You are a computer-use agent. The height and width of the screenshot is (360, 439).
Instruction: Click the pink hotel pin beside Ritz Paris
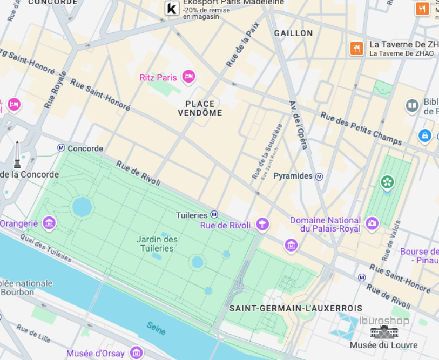pos(188,77)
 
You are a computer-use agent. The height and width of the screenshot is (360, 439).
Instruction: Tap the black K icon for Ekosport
pos(172,9)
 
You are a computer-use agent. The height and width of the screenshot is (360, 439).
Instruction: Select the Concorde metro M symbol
pos(61,148)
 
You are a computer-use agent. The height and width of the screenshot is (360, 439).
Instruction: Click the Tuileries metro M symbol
pos(214,215)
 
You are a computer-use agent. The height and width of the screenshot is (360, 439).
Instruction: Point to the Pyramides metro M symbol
pos(320,176)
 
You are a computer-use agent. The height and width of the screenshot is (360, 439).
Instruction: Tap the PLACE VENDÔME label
pos(200,108)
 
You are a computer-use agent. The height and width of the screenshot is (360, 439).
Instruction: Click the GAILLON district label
pos(293,33)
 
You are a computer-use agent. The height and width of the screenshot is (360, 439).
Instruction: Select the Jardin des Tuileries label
pos(157,243)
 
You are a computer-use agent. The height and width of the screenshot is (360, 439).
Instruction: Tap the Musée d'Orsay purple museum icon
pos(137,354)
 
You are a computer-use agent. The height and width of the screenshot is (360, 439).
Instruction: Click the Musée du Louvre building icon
pos(383,332)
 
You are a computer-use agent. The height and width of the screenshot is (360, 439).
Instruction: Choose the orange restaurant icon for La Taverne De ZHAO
pos(356,49)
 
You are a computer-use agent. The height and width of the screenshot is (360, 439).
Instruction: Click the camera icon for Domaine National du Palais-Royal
pos(372,223)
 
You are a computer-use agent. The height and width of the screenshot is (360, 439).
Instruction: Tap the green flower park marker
pos(387,182)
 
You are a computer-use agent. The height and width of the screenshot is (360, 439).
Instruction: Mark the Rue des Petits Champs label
pos(361,128)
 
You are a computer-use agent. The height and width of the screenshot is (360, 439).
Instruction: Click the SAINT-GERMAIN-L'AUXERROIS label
pos(295,308)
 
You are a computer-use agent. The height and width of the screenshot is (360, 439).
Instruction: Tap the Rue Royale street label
pos(55,90)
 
